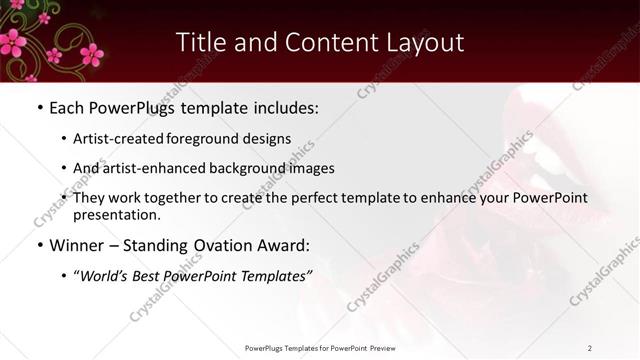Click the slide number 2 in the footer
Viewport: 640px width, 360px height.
point(590,348)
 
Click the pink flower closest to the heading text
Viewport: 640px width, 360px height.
point(91,53)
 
